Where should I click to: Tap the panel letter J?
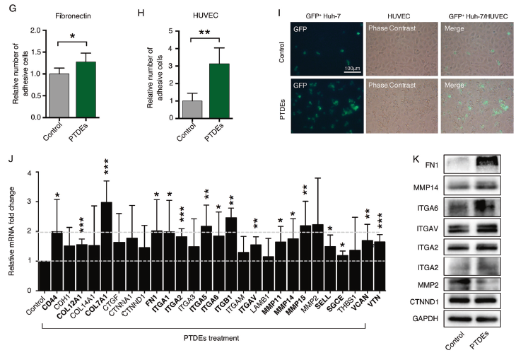tap(9, 160)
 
